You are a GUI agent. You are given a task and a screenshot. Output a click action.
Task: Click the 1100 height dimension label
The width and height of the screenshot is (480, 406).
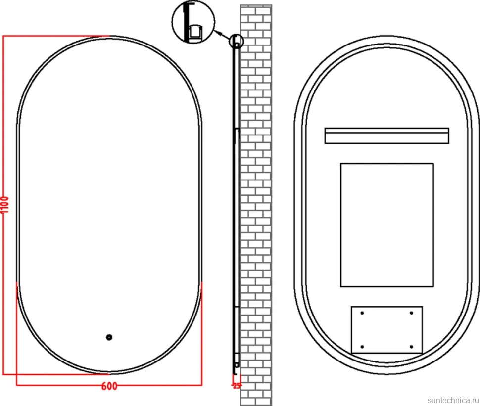point(5,204)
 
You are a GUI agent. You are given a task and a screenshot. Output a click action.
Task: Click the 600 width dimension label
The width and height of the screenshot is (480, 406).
point(109,386)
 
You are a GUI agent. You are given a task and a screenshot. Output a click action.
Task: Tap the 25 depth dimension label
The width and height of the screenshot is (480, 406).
point(237,386)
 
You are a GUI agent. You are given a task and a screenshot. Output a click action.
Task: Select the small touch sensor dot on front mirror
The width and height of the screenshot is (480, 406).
point(109,337)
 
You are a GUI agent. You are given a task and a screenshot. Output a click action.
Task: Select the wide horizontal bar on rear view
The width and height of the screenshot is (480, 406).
point(386,136)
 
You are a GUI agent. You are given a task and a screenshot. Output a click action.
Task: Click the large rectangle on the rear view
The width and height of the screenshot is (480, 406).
point(387,225)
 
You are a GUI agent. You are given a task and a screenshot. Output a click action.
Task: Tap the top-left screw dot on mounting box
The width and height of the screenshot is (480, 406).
point(362,313)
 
